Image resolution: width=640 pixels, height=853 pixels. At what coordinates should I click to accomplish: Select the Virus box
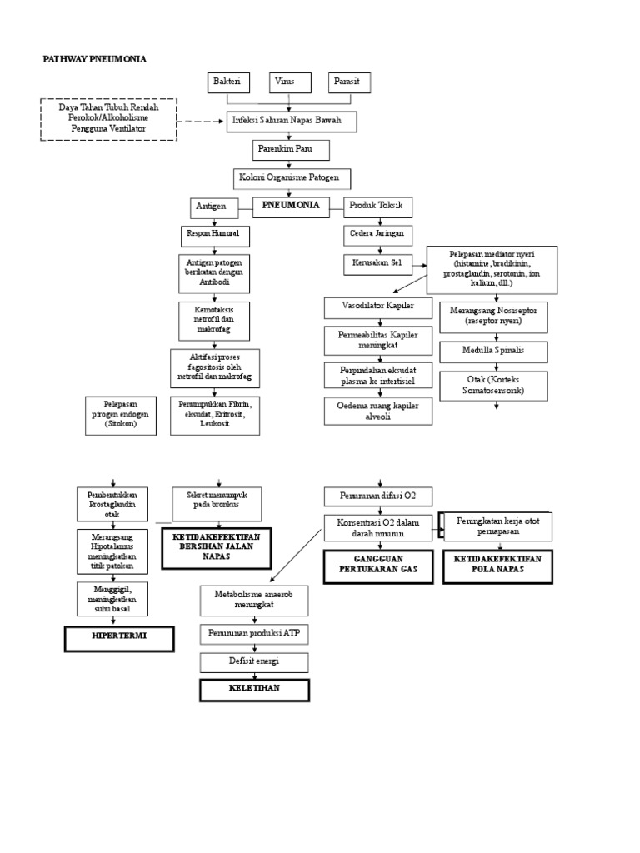pos(289,83)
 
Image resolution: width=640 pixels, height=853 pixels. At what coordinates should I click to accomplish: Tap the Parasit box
pos(349,83)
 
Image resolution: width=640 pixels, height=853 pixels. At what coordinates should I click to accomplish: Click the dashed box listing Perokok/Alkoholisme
pos(107,119)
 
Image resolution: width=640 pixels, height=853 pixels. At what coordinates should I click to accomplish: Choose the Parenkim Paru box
pos(292,150)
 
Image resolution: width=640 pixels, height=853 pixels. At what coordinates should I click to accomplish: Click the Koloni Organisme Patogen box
pos(292,178)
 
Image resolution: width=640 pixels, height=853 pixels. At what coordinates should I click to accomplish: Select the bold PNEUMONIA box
pos(291,205)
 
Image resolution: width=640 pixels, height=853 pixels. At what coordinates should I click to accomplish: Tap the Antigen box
pos(210,206)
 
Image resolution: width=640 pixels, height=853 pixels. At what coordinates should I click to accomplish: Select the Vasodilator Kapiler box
pos(379,307)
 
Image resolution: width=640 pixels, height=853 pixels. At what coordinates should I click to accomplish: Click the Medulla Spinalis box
pos(494,350)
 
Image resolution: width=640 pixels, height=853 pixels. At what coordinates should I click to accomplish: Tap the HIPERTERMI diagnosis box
pos(119,639)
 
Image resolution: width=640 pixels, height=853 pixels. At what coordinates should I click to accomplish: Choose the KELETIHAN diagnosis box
pos(254,691)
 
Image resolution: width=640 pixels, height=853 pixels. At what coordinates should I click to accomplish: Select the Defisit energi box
pos(254,662)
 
